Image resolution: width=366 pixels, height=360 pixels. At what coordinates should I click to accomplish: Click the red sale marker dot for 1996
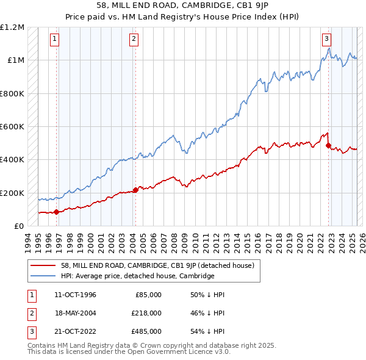[57, 212]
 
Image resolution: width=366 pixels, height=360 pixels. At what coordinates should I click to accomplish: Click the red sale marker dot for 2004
[135, 190]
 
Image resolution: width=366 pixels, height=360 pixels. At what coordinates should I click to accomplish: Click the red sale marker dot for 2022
[328, 146]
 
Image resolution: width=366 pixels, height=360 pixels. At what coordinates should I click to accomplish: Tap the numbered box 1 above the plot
[55, 38]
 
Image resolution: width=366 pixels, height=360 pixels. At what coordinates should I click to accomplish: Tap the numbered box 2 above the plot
[134, 38]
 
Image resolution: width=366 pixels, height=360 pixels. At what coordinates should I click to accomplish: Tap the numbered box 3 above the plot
[327, 38]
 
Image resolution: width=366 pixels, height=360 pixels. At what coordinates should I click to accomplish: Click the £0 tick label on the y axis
[19, 226]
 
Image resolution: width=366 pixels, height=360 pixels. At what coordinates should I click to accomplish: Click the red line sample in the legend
[44, 265]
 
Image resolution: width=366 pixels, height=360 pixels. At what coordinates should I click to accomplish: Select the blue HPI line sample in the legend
[44, 276]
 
